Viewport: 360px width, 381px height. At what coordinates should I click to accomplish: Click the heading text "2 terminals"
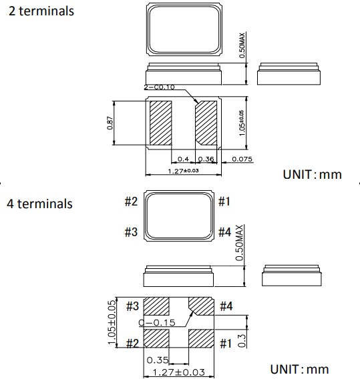tap(41, 12)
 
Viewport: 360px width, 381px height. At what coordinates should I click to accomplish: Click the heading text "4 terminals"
tap(40, 204)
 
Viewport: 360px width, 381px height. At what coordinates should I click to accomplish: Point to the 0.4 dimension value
tap(182, 159)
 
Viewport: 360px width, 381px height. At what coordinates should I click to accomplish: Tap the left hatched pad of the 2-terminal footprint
tap(161, 123)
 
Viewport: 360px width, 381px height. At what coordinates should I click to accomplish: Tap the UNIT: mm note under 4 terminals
tap(299, 369)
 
